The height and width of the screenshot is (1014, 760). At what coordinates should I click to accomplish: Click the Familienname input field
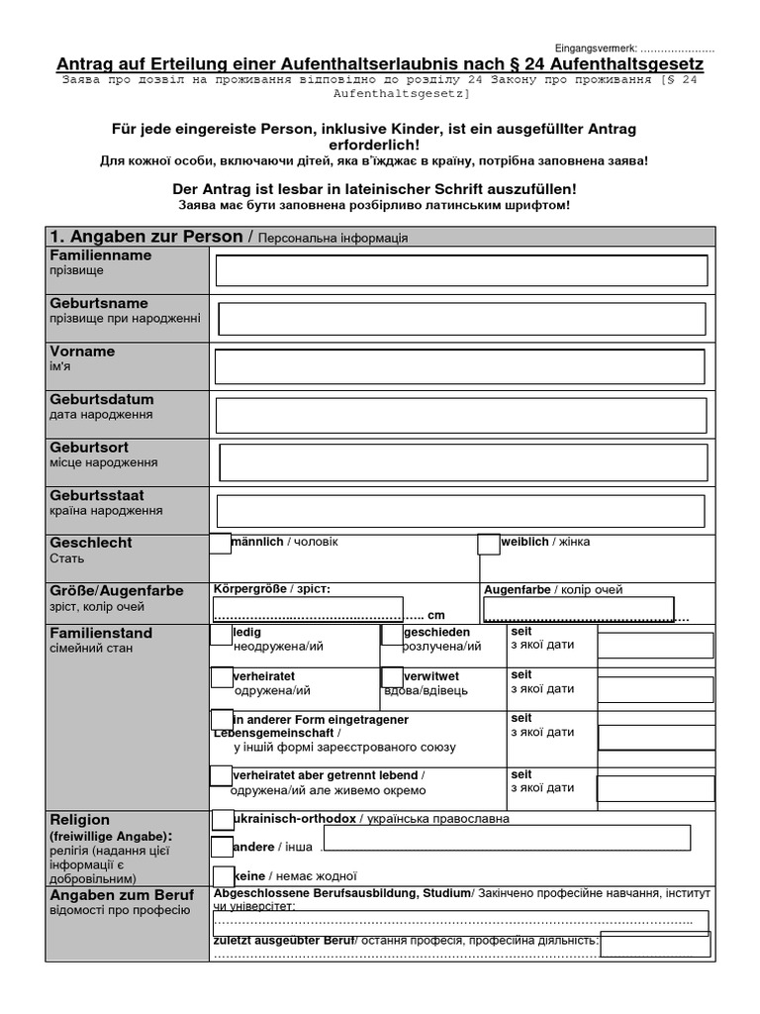pos(461,270)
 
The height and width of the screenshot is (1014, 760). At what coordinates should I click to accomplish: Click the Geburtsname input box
pos(461,319)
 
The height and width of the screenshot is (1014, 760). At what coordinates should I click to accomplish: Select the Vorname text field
pos(461,366)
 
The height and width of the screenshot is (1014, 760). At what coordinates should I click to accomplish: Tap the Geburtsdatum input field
pos(461,415)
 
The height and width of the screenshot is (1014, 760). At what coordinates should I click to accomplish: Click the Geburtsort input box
pos(463,462)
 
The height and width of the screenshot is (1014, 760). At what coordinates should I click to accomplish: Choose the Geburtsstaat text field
pos(461,511)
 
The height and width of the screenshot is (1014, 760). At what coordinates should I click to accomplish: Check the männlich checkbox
pos(220,543)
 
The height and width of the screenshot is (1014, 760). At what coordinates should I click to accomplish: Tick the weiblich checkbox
pos(488,544)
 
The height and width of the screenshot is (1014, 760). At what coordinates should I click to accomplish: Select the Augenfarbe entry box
pos(579,609)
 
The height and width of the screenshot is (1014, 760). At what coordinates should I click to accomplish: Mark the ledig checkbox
pos(221,635)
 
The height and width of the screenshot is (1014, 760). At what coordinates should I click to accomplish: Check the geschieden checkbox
pos(392,635)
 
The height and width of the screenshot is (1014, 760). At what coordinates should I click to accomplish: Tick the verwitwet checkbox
pos(392,677)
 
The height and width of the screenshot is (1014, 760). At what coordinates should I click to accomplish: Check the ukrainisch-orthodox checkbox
pos(222,819)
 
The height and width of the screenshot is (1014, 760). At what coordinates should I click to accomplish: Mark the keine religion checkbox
pos(224,875)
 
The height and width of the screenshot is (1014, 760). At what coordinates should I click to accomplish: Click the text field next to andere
pos(506,838)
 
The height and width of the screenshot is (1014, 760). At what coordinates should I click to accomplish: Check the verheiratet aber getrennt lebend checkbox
pos(221,776)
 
